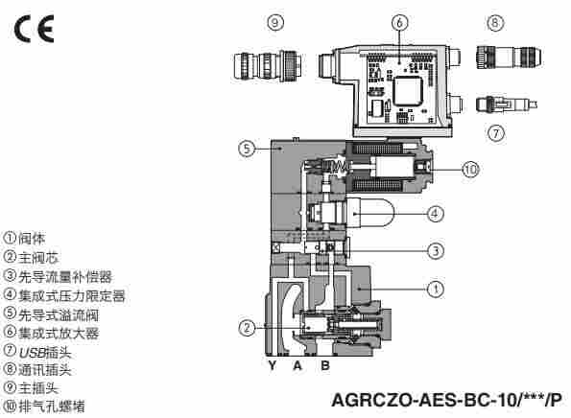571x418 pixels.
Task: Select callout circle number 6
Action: tap(397, 22)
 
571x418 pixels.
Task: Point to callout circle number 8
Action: tap(495, 22)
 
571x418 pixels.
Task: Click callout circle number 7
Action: tap(496, 133)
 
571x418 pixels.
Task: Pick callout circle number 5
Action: tap(248, 149)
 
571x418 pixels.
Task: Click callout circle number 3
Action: tap(435, 252)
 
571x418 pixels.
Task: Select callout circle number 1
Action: tap(435, 287)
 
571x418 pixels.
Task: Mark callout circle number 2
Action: tap(248, 328)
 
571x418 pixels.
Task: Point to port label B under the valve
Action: tap(324, 366)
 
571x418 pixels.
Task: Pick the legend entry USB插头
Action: tap(38, 352)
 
